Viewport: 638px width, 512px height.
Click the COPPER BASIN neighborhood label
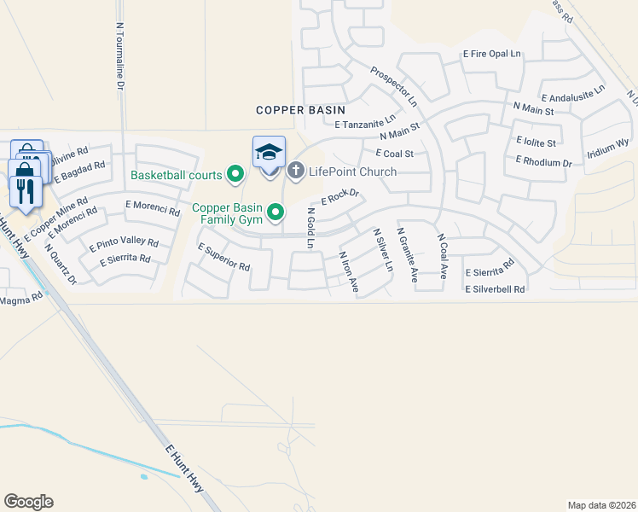point(301,110)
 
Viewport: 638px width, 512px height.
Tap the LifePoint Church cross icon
point(296,172)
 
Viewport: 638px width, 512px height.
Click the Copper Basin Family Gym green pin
point(275,210)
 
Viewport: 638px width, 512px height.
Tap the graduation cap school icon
point(269,152)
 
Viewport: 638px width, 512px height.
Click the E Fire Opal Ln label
point(491,54)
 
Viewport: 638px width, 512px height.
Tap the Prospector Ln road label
point(394,86)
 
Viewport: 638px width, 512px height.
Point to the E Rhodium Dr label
point(543,162)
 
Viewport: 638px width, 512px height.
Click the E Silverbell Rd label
point(495,290)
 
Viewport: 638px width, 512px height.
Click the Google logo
point(28,502)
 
